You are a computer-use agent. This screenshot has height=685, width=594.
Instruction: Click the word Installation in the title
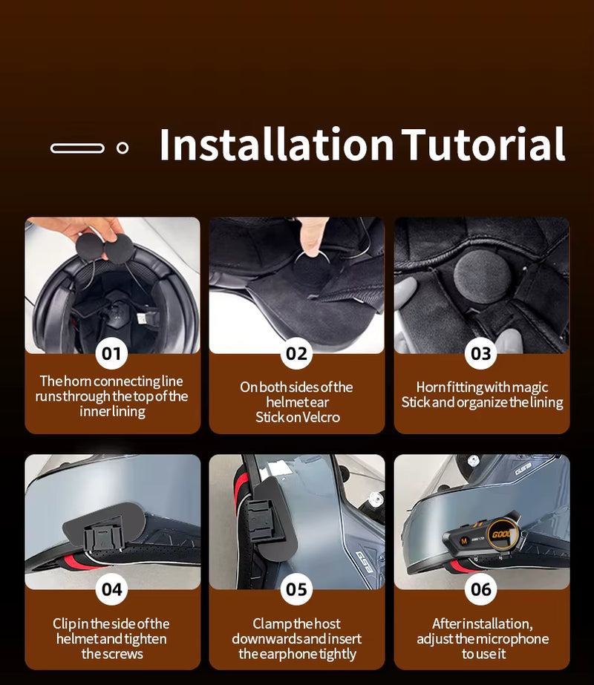point(275,145)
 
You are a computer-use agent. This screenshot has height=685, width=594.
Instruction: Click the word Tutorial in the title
point(483,145)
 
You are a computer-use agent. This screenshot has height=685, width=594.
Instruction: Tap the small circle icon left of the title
point(123,148)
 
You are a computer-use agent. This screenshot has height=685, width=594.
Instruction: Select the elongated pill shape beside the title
point(77,148)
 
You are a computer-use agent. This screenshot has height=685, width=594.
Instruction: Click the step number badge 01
point(111,353)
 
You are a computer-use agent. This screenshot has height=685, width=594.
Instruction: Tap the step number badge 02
point(296,353)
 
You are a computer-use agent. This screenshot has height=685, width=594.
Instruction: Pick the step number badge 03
point(481,353)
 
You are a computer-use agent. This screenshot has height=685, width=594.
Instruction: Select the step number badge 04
point(111,589)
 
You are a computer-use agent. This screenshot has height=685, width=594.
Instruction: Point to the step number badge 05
point(296,589)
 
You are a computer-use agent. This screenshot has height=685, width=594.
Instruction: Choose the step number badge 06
point(481,589)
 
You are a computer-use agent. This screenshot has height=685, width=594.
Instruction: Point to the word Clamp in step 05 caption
point(272,624)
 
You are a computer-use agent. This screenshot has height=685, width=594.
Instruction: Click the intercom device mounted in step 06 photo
point(479,539)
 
